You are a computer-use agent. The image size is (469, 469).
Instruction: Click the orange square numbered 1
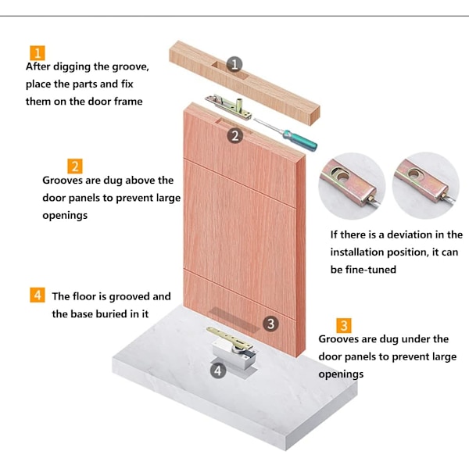pos(38,53)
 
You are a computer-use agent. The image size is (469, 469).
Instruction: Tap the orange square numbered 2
pos(75,166)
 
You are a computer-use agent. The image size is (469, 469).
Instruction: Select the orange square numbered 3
pos(344,325)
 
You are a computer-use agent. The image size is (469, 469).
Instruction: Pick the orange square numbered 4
pos(38,295)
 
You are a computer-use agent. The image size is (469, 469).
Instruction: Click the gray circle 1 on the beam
pos(234,64)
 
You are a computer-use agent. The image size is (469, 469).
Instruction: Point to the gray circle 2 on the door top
pos(235,136)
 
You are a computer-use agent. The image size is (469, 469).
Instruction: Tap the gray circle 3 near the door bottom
pos(270,324)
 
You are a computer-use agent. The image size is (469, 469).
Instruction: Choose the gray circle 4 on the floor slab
pos(218,371)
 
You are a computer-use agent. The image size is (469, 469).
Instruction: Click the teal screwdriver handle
pos(299,141)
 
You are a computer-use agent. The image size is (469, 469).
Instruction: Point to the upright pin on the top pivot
pos(240,105)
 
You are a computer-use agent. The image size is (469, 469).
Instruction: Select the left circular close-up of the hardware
pos(352,186)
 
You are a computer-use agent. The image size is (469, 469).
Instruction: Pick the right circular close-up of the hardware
pos(426,185)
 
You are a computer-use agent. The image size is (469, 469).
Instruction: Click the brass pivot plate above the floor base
pos(230,338)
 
